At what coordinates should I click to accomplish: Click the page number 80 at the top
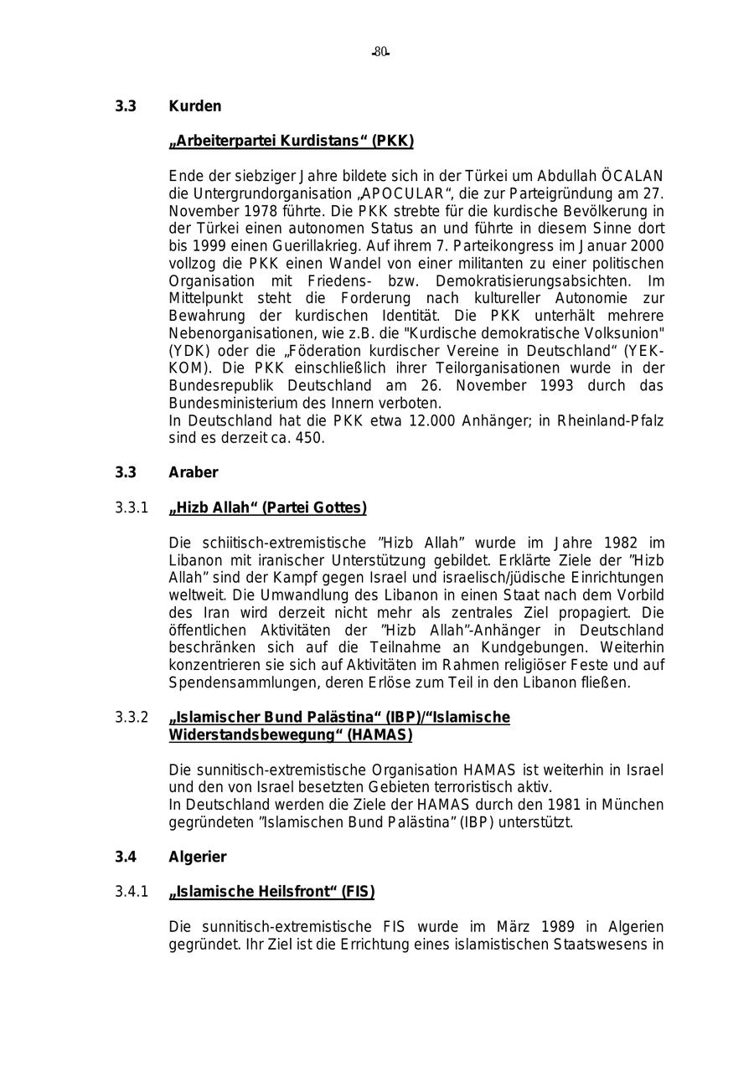pos(381,52)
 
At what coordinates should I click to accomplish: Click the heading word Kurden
pos(195,106)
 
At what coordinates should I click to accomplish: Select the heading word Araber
pos(194,472)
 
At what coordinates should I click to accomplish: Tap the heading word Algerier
pos(198,857)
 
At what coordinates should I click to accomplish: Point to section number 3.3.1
pos(132,507)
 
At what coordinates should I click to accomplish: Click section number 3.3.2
pos(132,718)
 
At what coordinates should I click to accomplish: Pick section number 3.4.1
pos(132,892)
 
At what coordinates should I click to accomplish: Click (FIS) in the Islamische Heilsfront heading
pos(357,892)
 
